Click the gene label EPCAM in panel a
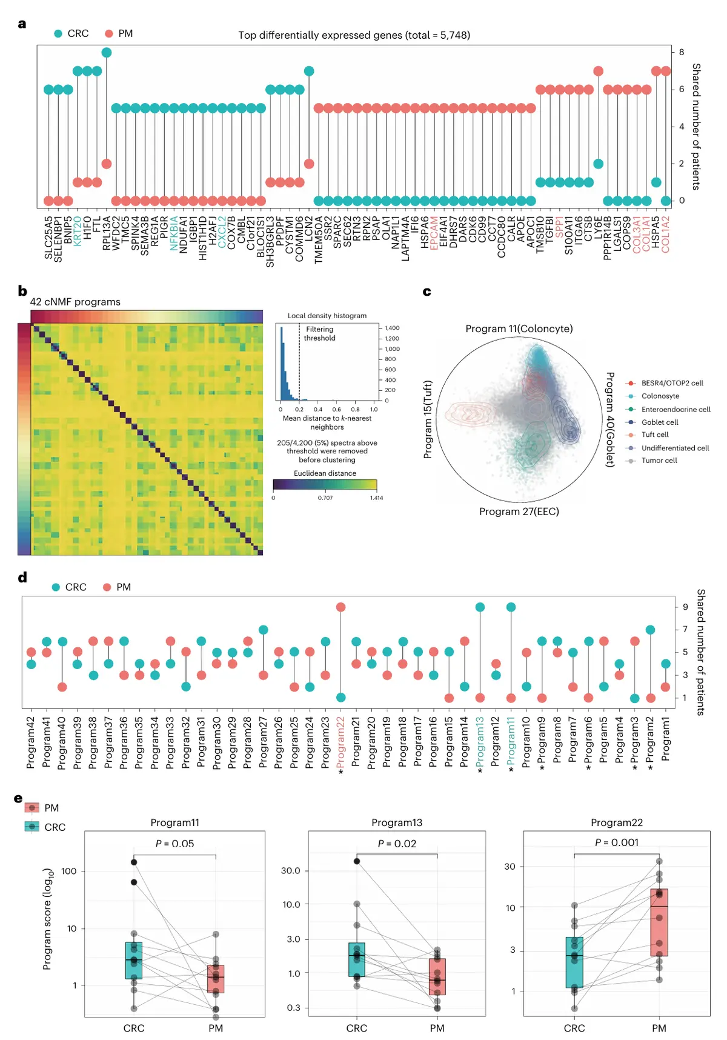point(434,233)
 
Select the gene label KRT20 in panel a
point(78,231)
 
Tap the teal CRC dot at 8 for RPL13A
point(107,53)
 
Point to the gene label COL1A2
point(666,234)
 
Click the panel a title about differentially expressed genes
point(354,35)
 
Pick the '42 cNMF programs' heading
point(75,302)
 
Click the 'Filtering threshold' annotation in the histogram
point(319,333)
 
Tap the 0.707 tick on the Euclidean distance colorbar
point(325,498)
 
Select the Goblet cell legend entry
point(659,422)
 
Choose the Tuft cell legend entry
point(654,435)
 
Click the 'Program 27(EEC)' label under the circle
point(519,512)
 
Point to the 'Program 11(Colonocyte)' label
point(519,328)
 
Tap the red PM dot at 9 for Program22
point(340,607)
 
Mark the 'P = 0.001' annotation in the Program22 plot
point(616,842)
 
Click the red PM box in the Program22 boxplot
point(659,922)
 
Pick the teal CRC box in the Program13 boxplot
point(357,959)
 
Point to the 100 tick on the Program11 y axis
point(69,871)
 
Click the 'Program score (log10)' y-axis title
point(48,919)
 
